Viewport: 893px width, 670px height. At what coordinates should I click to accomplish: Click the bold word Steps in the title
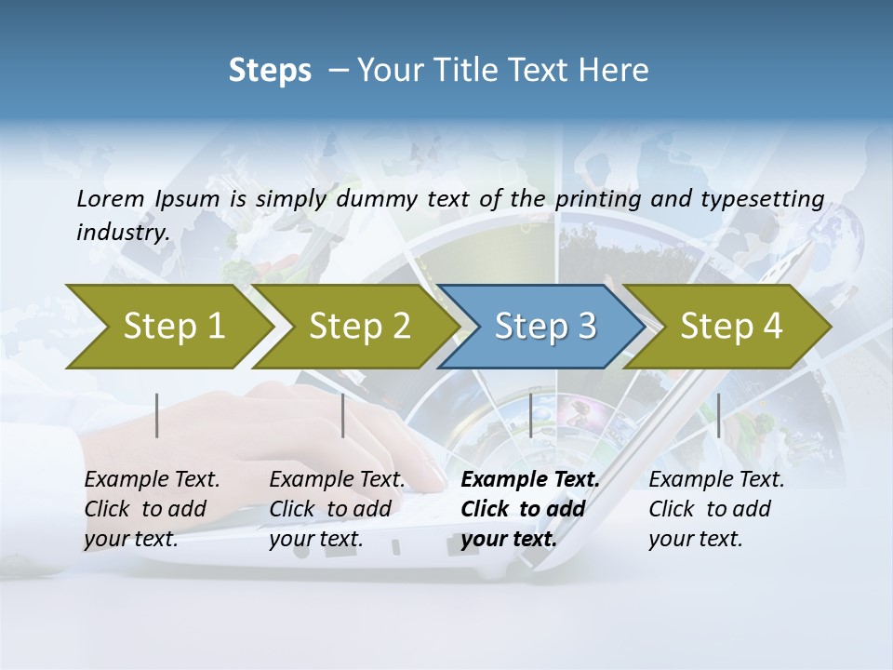pyautogui.click(x=270, y=71)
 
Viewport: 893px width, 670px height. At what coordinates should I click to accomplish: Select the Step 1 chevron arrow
pyautogui.click(x=167, y=327)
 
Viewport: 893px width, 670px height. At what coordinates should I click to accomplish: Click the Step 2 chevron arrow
pyautogui.click(x=357, y=327)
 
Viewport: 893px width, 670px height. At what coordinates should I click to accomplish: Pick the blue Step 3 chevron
pyautogui.click(x=543, y=327)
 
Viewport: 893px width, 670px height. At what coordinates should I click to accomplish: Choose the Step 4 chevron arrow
pyautogui.click(x=729, y=327)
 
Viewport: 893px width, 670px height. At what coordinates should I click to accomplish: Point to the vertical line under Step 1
pyautogui.click(x=157, y=415)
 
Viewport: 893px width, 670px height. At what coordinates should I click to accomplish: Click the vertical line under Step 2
pyautogui.click(x=343, y=415)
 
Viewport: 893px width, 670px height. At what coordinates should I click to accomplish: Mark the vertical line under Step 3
pyautogui.click(x=530, y=415)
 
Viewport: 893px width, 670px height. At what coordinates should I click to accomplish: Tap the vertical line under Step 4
pyautogui.click(x=718, y=415)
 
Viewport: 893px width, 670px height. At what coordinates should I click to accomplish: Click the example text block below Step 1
pyautogui.click(x=151, y=509)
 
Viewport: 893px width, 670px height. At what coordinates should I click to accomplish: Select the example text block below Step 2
pyautogui.click(x=336, y=509)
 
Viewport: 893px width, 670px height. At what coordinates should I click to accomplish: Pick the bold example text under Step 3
pyautogui.click(x=529, y=509)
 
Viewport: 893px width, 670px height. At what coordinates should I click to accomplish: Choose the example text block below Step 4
pyautogui.click(x=715, y=509)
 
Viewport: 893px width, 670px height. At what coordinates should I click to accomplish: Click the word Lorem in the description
pyautogui.click(x=110, y=199)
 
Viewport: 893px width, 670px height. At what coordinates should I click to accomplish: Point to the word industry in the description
pyautogui.click(x=123, y=233)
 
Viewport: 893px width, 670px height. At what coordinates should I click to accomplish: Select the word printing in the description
pyautogui.click(x=592, y=199)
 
